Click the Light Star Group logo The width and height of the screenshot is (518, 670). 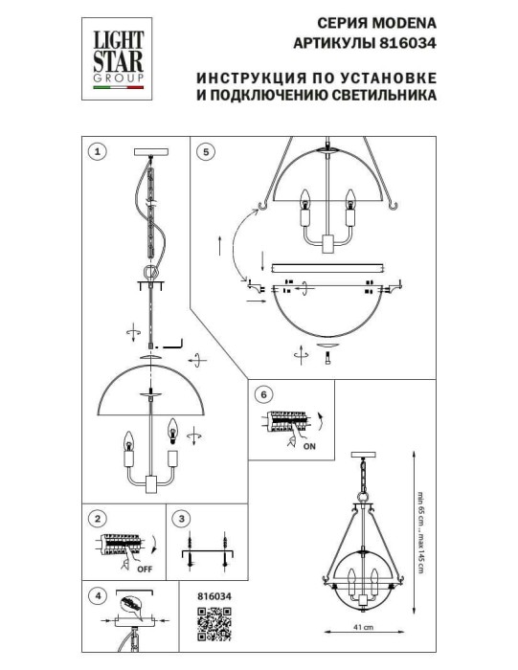click(x=118, y=57)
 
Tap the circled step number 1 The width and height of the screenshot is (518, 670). click(x=96, y=151)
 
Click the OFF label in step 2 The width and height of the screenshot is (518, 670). click(x=145, y=569)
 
